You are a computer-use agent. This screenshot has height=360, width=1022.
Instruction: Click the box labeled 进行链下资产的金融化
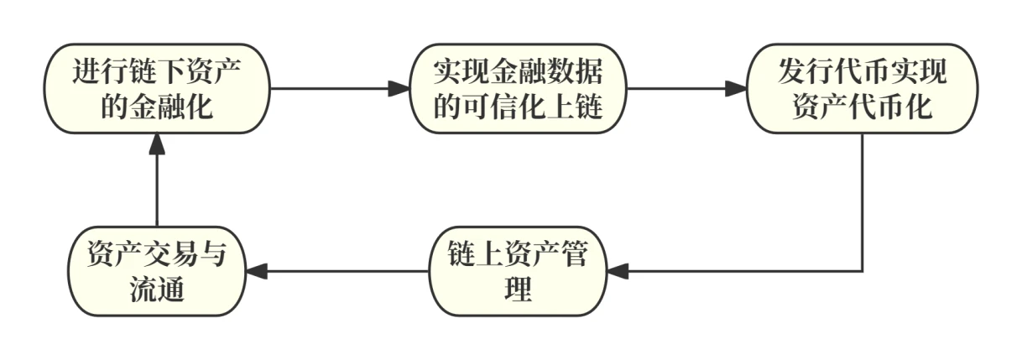pyautogui.click(x=157, y=88)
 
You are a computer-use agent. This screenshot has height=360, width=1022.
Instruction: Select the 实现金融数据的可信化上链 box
pyautogui.click(x=519, y=88)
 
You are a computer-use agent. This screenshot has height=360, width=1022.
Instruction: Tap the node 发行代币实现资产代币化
pyautogui.click(x=863, y=88)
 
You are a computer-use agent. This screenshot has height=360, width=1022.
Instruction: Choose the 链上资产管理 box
pyautogui.click(x=519, y=271)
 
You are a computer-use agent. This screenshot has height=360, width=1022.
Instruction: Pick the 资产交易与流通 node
pyautogui.click(x=157, y=271)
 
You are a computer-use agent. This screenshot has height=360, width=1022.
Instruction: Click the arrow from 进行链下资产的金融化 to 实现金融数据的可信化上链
pyautogui.click(x=340, y=88)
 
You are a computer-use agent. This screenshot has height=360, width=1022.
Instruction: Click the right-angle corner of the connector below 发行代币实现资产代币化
pyautogui.click(x=863, y=271)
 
